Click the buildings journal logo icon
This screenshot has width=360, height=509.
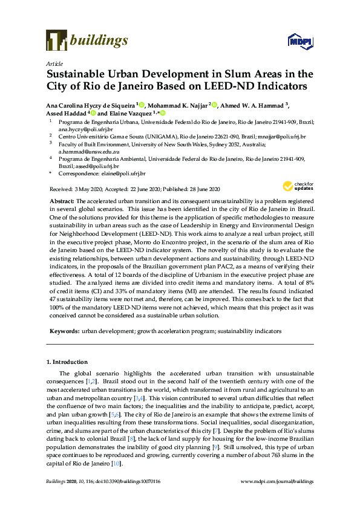coord(56,41)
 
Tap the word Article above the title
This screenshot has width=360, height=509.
coord(53,63)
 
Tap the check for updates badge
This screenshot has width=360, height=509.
coord(294,186)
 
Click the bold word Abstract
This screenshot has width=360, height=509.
coord(61,200)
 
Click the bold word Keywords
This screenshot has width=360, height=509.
coord(63,332)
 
